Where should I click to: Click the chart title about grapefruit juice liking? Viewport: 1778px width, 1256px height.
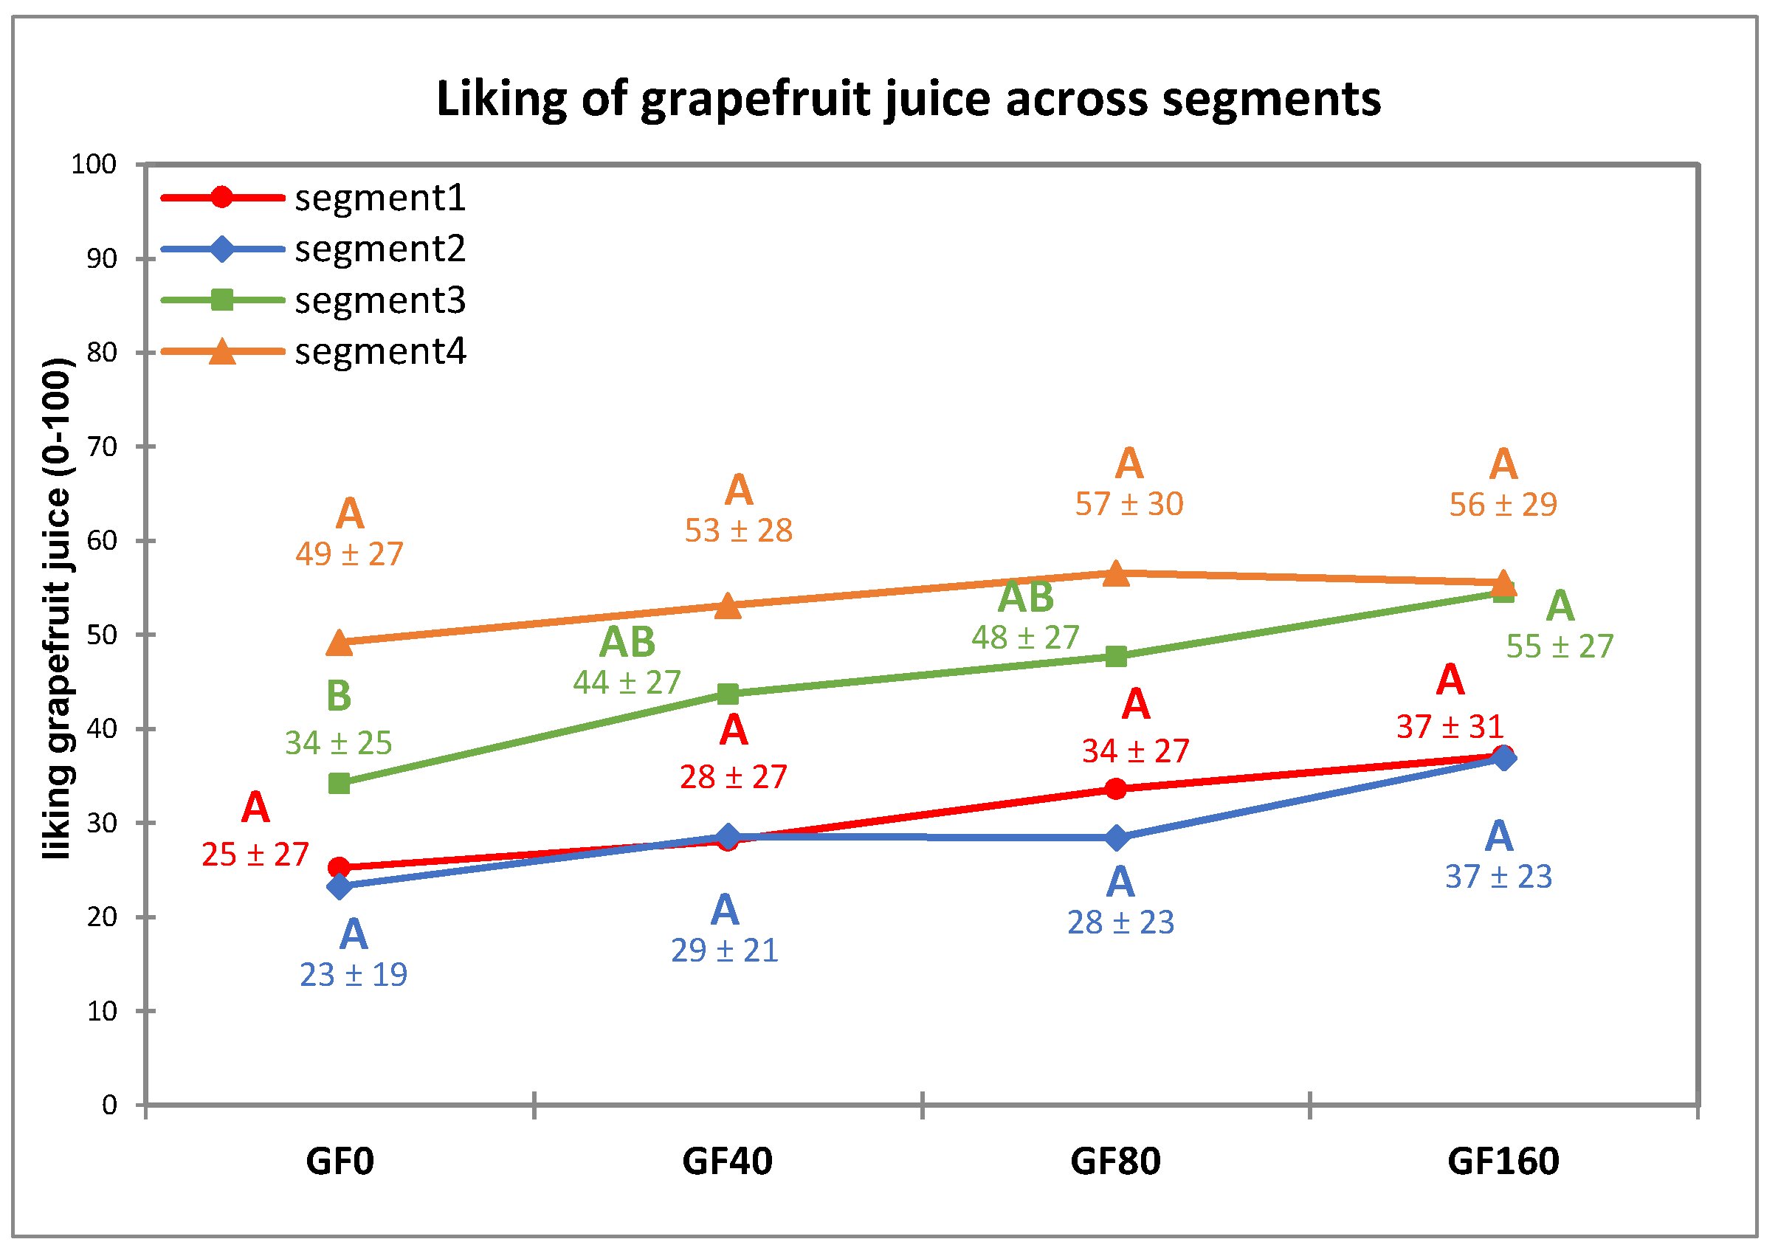point(908,100)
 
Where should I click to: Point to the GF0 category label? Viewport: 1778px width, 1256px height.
point(340,1162)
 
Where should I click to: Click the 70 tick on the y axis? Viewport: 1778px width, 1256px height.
point(100,446)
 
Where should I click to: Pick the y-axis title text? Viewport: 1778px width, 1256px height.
point(58,608)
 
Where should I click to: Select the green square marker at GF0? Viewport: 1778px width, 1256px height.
point(340,784)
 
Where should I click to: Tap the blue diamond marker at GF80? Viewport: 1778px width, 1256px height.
point(1116,838)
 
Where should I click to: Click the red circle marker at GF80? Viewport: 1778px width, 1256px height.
point(1116,789)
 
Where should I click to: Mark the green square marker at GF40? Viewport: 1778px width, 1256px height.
point(728,694)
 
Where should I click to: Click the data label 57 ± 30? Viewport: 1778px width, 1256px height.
point(1129,505)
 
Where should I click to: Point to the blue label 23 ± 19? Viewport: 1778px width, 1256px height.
point(353,975)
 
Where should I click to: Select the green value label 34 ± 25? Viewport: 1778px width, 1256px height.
point(339,743)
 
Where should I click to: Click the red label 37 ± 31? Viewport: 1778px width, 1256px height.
point(1450,727)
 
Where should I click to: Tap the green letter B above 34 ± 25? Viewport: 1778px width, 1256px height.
point(340,695)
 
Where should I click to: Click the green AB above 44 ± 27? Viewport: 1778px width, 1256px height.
point(627,642)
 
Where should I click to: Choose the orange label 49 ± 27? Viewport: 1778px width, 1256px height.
point(349,554)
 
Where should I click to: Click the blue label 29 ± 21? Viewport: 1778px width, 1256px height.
point(724,951)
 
